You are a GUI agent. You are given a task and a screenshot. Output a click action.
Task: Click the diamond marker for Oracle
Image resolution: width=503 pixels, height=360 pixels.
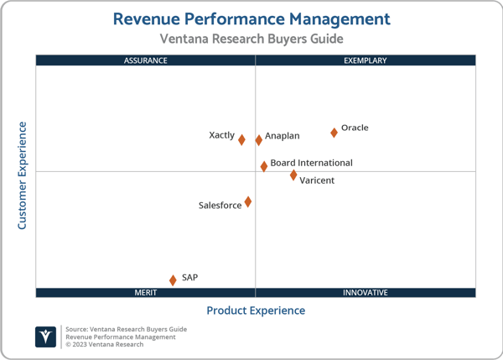334,133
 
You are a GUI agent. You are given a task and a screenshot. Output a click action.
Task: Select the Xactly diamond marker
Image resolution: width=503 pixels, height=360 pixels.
241,140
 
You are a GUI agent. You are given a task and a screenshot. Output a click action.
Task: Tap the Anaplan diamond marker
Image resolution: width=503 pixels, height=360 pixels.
259,140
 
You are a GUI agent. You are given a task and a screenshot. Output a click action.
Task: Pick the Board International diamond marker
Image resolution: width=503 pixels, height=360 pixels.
264,166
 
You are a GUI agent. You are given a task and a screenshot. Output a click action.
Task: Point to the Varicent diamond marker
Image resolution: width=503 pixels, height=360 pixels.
293,175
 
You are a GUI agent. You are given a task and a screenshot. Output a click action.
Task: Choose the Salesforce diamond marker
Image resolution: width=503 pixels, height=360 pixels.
248,202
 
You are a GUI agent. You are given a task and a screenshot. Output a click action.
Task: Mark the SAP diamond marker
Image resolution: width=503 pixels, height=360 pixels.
174,280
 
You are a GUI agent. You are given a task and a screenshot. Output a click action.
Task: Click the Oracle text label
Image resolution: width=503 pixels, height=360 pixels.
355,128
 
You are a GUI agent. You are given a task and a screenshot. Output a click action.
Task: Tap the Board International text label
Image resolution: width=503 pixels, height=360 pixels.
311,163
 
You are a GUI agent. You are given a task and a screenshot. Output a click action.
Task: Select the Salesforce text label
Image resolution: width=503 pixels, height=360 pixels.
220,206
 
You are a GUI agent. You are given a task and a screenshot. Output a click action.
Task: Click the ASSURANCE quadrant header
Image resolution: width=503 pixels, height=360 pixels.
146,60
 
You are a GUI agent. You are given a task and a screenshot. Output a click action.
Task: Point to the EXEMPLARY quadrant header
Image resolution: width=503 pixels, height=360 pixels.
366,60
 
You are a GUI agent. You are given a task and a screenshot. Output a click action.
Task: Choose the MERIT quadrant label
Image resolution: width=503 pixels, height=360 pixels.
146,293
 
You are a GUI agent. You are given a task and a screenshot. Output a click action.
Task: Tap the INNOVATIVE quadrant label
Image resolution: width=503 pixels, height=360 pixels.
366,293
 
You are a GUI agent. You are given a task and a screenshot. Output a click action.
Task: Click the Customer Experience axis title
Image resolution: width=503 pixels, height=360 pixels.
23,175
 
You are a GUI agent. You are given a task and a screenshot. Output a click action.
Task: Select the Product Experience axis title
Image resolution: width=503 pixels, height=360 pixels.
256,310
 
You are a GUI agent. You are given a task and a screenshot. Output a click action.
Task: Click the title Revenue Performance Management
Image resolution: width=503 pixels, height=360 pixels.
251,18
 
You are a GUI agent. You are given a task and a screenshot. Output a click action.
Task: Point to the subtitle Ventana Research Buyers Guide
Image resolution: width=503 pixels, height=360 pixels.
251,39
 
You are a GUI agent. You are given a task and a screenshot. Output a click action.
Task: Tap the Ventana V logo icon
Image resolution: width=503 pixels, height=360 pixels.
46,337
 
